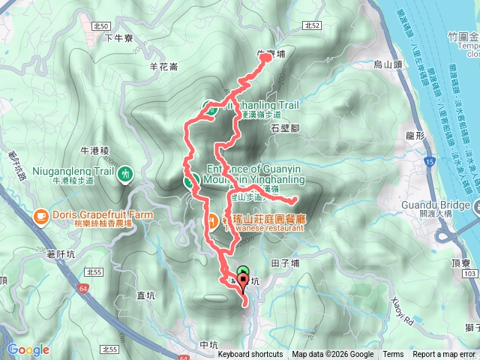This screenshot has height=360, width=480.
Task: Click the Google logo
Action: pos(28,350)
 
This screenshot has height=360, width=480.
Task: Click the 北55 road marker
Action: pos(110,349)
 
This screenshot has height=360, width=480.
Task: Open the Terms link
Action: pos(392,355)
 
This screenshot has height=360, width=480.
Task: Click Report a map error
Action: pos(444,355)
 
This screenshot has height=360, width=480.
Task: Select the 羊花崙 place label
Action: pos(163,67)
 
